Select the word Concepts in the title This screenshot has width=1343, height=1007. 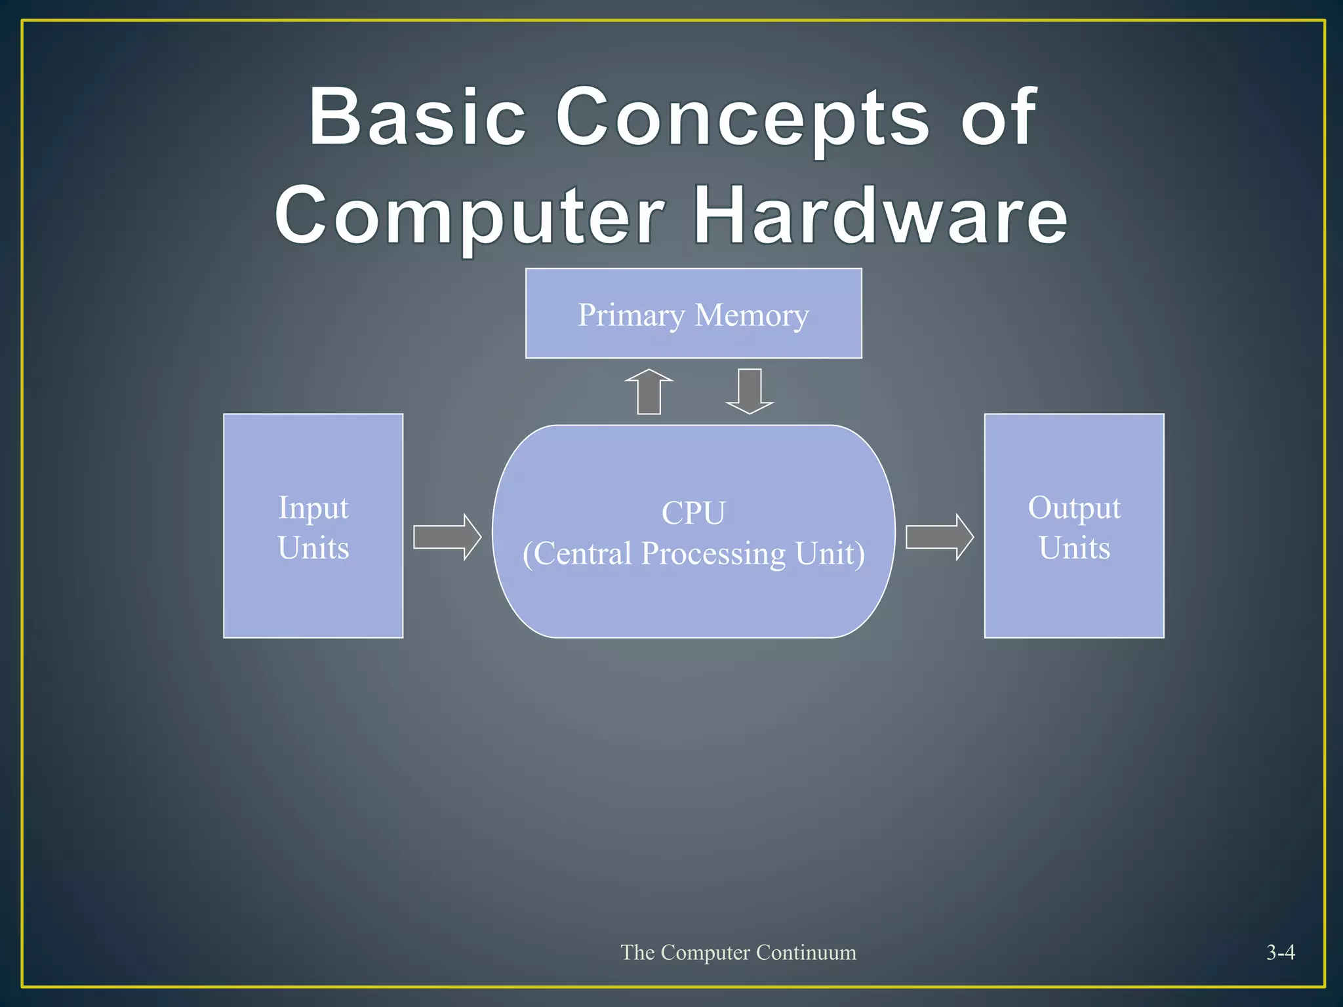742,118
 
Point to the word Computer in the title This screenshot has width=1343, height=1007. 470,216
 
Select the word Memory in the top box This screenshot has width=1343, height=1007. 752,315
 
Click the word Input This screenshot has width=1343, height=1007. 313,508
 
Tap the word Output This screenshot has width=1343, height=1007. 1074,508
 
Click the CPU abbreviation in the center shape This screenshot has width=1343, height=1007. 693,513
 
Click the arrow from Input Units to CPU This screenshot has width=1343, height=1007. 447,537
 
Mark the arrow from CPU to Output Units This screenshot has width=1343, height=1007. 939,537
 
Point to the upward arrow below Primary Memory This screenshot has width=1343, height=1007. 649,391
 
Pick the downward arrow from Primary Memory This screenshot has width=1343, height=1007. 750,391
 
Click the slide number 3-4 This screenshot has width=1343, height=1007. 1280,952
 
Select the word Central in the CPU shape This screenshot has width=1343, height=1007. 584,553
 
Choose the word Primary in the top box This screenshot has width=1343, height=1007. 631,315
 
